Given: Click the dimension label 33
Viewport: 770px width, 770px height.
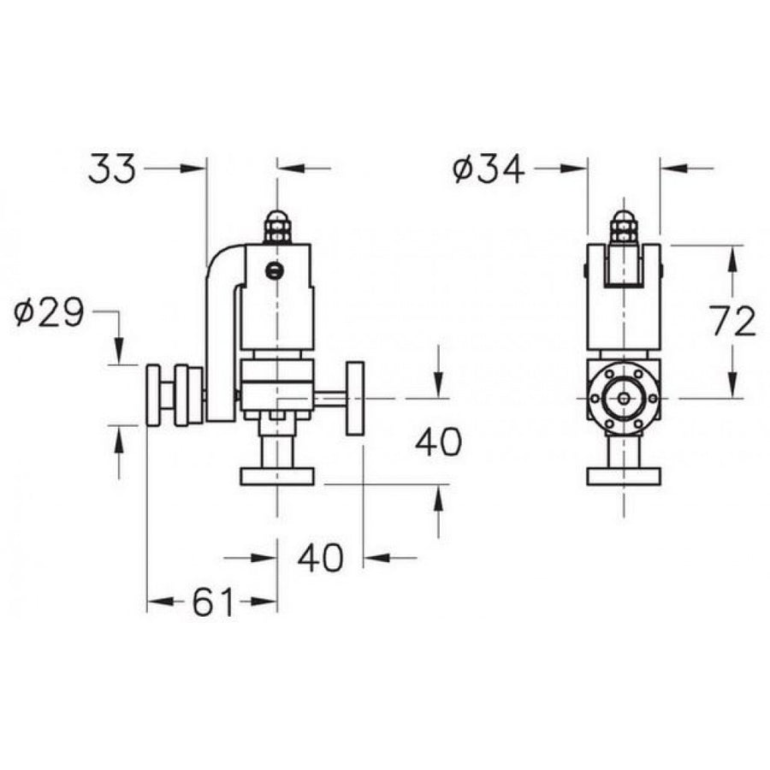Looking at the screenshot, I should (x=112, y=169).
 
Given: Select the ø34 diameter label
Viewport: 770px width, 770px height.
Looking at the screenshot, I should (x=489, y=169).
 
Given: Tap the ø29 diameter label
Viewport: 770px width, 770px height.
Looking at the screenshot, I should (x=49, y=315).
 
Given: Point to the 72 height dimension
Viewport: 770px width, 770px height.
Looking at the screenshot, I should (x=733, y=322).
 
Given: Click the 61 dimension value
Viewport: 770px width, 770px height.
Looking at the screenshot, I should (x=212, y=603).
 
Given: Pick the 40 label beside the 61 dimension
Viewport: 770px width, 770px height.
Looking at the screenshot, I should (x=320, y=558).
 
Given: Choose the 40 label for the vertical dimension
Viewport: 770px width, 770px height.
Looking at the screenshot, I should (x=438, y=441).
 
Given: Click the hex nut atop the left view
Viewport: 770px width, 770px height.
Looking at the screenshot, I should (x=276, y=228).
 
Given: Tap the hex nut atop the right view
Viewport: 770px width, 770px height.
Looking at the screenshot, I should (x=624, y=228).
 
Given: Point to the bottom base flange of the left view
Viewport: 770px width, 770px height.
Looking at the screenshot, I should (x=276, y=477).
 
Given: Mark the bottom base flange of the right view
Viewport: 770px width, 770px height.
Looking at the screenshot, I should (x=624, y=477).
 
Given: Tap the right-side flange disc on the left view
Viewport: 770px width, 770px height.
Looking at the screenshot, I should (x=354, y=398).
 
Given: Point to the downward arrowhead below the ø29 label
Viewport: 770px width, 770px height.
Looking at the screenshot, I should (x=119, y=351).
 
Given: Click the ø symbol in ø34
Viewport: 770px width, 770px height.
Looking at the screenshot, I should (x=463, y=170).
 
